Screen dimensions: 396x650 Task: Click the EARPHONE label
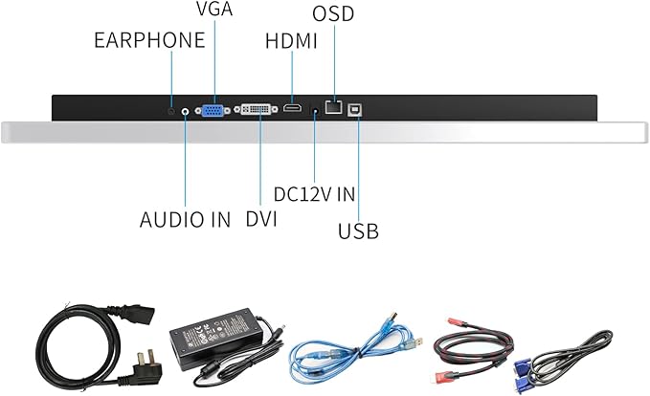click(x=148, y=40)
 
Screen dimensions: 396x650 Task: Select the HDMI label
click(x=292, y=41)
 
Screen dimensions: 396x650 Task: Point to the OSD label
click(x=332, y=15)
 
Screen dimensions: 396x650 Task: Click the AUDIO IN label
click(x=185, y=219)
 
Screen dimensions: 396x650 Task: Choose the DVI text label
click(x=260, y=219)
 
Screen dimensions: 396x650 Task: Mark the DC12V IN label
click(x=314, y=193)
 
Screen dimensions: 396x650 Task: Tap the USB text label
click(x=359, y=231)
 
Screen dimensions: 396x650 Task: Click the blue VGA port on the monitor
click(x=213, y=110)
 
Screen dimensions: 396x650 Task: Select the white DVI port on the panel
click(x=258, y=109)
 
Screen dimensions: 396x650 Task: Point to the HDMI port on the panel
click(x=292, y=109)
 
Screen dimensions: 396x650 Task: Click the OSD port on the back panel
click(x=334, y=108)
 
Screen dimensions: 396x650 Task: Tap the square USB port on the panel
click(x=359, y=108)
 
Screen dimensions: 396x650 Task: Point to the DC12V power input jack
click(x=315, y=112)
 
